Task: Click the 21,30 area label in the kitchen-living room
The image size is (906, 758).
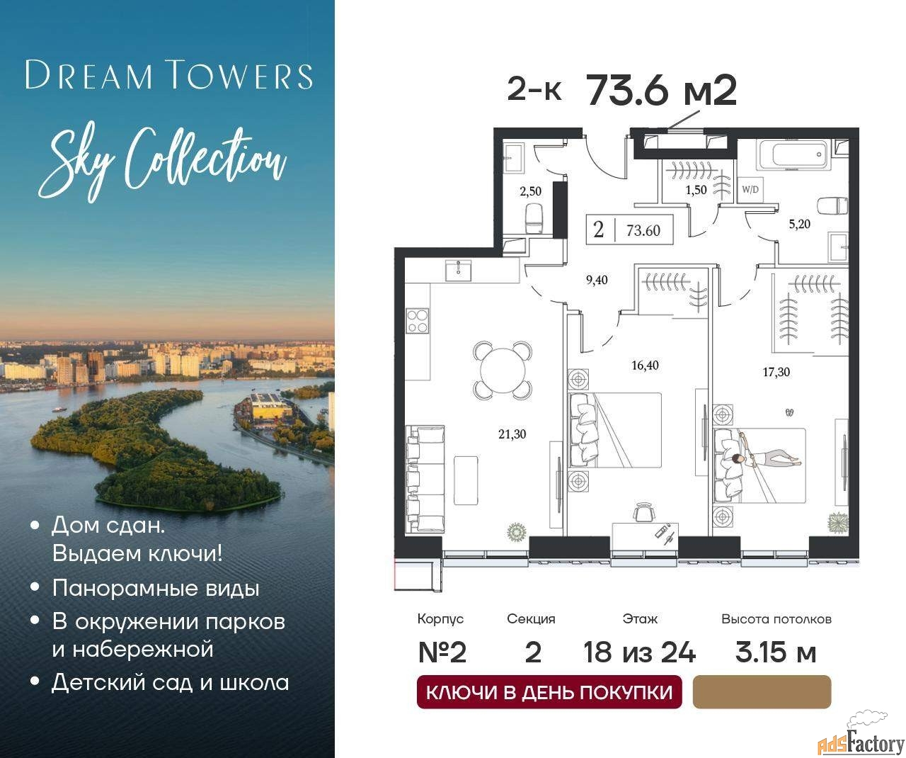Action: (x=512, y=434)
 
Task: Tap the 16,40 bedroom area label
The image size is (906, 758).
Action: (x=645, y=366)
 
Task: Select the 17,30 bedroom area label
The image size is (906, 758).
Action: (x=776, y=372)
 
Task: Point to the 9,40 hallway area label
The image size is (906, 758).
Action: (x=596, y=280)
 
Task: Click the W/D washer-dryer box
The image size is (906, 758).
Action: (x=749, y=190)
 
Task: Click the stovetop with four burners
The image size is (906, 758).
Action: (x=417, y=321)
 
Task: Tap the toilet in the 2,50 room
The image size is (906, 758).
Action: (x=533, y=216)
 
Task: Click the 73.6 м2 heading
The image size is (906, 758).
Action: (x=662, y=91)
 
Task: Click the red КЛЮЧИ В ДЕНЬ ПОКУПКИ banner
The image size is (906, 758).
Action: (x=549, y=691)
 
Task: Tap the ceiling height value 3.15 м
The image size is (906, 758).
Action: (x=776, y=652)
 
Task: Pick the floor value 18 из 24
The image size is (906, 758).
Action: (x=639, y=652)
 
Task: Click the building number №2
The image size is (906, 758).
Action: (x=442, y=652)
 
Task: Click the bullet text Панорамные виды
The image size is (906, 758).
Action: (x=156, y=588)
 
